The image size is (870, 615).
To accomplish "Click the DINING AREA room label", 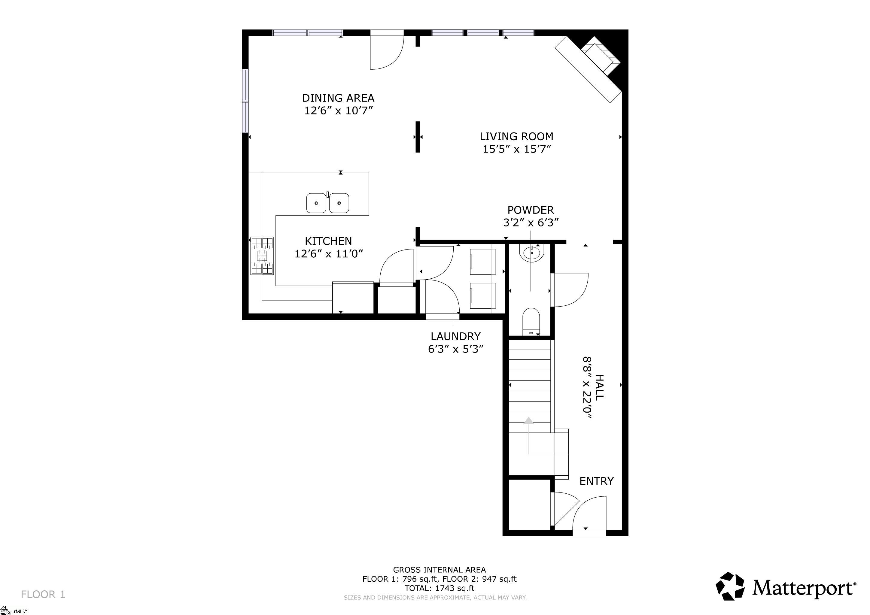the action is [338, 98].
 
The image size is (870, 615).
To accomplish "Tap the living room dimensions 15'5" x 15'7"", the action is [516, 149].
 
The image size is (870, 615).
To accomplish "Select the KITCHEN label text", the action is [328, 241].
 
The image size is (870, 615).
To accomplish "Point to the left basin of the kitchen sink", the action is [316, 203].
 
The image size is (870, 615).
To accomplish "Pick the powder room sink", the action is [532, 253].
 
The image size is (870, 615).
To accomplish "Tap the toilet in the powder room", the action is [531, 322].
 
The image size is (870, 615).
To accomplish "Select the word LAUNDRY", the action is [455, 336].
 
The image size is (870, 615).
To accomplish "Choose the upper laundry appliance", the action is [483, 262].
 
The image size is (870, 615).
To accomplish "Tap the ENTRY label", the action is [596, 481].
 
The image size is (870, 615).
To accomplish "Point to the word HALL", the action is [599, 387].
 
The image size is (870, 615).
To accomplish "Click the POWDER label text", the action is [531, 210].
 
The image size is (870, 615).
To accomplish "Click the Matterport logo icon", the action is [730, 586].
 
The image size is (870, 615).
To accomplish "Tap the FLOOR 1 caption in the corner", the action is [43, 594].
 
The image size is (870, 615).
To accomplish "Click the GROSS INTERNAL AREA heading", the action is [440, 570].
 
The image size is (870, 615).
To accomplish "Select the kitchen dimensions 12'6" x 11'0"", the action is [329, 254].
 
